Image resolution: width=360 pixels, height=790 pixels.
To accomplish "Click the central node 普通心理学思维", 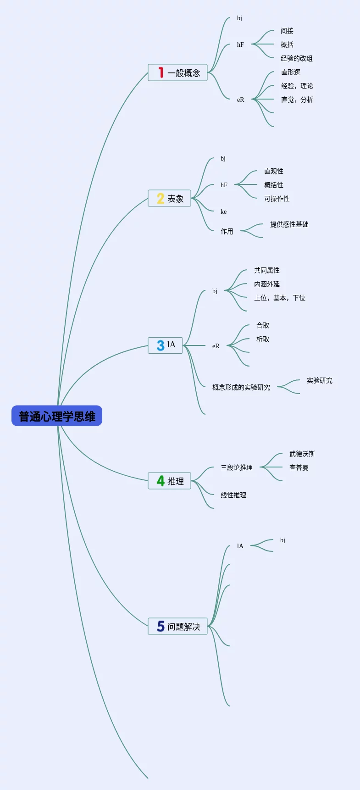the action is point(57,416).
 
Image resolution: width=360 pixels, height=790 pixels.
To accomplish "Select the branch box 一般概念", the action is point(177,72).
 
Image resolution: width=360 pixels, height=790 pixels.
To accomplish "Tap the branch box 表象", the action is point(169,198).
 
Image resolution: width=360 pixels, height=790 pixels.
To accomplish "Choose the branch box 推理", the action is point(169,481).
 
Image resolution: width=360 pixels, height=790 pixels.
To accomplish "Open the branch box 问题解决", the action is point(177,626).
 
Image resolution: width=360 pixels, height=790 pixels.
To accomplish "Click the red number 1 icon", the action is point(161,72).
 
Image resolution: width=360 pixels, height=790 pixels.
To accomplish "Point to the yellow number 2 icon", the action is point(161,198).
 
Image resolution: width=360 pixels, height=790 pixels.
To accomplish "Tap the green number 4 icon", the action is point(161,481).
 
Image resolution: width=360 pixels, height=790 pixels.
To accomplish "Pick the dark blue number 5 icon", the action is point(161,626).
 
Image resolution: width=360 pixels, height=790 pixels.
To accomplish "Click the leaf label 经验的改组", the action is point(297,58).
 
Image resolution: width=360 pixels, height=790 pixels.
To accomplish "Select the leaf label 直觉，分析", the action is point(297,100).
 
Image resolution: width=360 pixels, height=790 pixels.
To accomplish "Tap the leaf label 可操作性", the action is point(277,199).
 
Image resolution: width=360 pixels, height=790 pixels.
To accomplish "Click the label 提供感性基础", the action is point(289,224).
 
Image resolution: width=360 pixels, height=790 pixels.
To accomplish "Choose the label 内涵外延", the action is point(267,284).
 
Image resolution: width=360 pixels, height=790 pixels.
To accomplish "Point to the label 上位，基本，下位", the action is point(280,298).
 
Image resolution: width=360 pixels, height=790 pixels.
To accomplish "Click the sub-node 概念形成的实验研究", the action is point(241,387).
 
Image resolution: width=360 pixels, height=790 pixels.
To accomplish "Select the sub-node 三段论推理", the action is point(237,467).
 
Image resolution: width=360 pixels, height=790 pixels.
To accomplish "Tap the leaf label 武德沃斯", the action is point(302,454).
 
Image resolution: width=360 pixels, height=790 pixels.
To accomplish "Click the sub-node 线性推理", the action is point(233,495).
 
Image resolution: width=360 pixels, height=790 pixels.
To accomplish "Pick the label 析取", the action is point(263,339).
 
